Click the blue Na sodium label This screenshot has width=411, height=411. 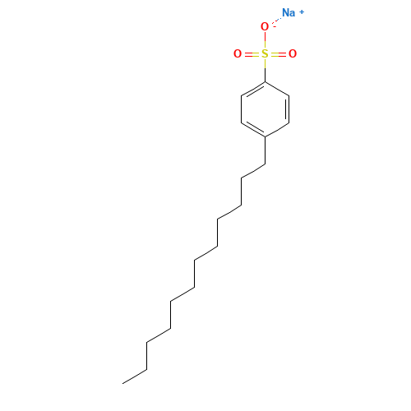coord(289,12)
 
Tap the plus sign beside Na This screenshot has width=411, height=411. coord(302,11)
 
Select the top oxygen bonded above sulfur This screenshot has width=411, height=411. coord(264,27)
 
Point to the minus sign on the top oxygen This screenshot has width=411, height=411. coord(275,25)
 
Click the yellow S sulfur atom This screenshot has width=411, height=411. coord(265,54)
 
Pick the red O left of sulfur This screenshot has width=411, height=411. coord(238,54)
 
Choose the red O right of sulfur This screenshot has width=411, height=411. coord(293,54)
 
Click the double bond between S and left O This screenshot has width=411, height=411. coord(251,54)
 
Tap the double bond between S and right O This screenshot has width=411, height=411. coord(279,54)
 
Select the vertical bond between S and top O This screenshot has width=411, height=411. coord(265,40)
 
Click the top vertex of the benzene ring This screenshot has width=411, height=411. coord(265,81)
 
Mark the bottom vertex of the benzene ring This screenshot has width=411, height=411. coord(265,136)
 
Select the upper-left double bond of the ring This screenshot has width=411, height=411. coord(253,88)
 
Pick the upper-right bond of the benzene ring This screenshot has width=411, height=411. coord(277,88)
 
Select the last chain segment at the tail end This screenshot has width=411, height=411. coord(135,376)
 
